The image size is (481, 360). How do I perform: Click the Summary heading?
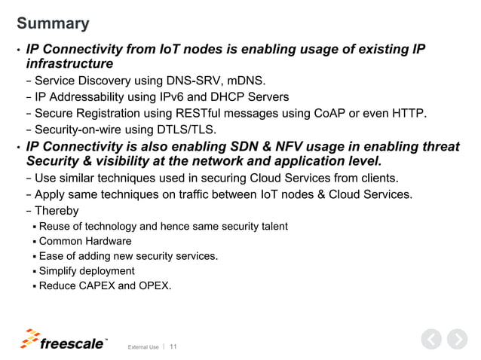click(53, 23)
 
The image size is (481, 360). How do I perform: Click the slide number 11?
click(174, 346)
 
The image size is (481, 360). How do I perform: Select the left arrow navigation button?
click(430, 340)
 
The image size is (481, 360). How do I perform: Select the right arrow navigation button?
click(457, 340)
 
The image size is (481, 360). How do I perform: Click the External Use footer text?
click(143, 347)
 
